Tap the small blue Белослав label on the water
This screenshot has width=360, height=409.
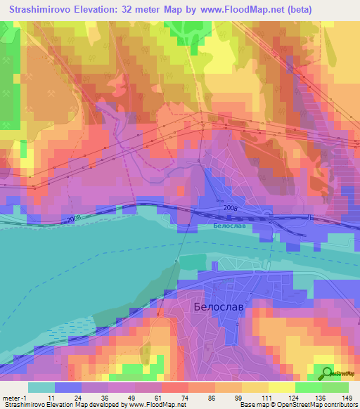(x=227, y=227)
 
